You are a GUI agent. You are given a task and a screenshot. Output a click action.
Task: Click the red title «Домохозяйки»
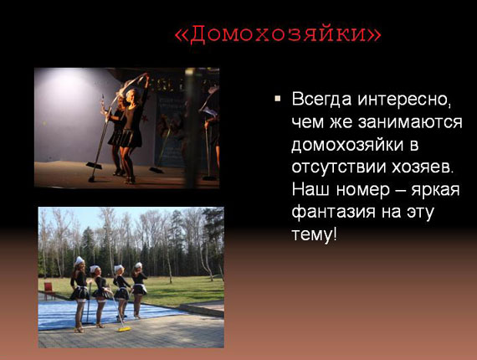[x=278, y=33]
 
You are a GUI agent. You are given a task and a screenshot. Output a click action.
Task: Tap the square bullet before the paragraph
[x=278, y=98]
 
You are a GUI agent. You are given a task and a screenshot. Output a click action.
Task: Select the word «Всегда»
[x=322, y=100]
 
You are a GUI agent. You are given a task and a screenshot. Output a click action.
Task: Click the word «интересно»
[x=404, y=100]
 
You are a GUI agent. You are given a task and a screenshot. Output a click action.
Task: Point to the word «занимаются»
[x=410, y=122]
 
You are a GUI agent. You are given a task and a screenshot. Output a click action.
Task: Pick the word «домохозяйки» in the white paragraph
[x=347, y=145]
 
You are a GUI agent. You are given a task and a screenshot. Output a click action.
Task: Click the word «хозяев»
[x=423, y=167]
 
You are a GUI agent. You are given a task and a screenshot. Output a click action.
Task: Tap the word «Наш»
[x=310, y=190]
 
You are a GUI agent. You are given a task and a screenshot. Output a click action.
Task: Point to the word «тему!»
[x=315, y=234]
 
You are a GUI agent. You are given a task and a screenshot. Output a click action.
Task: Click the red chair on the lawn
[x=49, y=289]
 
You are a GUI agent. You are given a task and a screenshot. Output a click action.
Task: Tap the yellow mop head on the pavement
[x=125, y=329]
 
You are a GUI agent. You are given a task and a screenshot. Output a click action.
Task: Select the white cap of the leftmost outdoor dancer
[x=79, y=260]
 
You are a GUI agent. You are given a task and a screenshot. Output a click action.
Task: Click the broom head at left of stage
[x=94, y=166]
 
